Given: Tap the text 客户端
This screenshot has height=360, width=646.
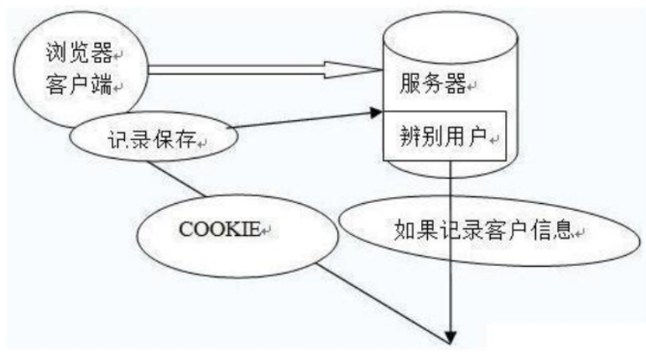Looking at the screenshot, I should point(80,86).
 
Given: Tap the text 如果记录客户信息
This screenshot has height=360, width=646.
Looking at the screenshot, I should point(482,230).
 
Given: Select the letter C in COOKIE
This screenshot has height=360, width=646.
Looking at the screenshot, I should point(187,229).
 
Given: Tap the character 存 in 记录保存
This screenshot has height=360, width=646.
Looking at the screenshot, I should point(190,142).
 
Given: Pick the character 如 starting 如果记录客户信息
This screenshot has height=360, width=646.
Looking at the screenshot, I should point(404,230).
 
